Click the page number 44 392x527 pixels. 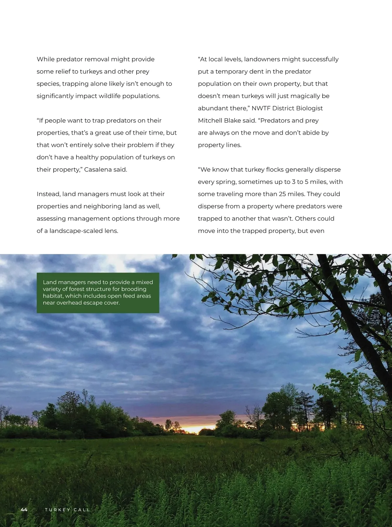pos(24,510)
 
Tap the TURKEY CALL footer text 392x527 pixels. pos(67,510)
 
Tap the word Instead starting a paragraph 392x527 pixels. pos(48,194)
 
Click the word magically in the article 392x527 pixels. pos(297,96)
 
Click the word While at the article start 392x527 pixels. pos(45,59)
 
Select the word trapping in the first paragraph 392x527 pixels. pos(75,84)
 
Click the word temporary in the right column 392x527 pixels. pos(232,72)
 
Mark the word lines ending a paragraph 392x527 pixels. pos(233,145)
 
